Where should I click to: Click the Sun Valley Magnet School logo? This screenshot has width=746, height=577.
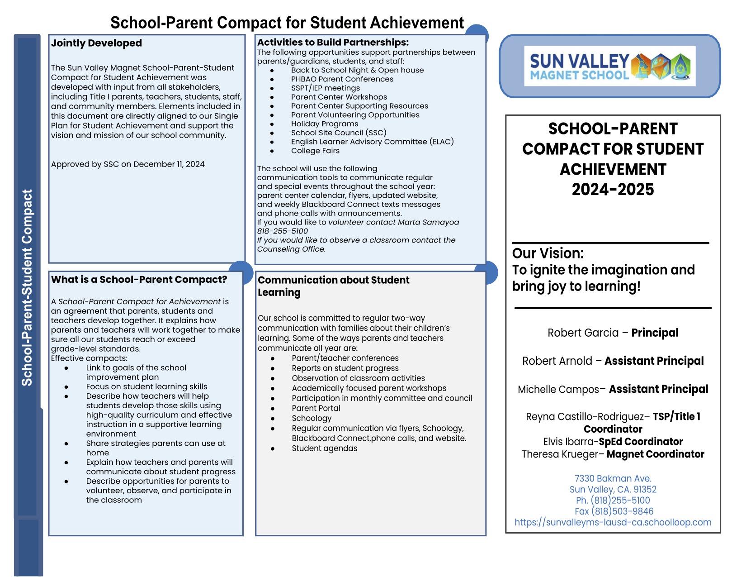610,66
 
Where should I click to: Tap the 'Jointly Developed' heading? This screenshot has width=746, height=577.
96,43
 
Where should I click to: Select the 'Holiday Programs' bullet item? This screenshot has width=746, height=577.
324,124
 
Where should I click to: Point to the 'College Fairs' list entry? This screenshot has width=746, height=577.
315,151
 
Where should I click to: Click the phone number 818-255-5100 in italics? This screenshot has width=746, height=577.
283,231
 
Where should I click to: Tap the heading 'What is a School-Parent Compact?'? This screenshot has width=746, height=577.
139,279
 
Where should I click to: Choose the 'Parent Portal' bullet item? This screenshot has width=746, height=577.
316,408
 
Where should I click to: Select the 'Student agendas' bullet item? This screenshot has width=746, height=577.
324,448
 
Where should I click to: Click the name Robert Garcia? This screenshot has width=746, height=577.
583,333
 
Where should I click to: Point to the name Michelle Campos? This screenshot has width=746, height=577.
558,389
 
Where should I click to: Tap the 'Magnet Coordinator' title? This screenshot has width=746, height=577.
655,454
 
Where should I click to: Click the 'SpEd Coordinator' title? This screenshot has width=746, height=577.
641,441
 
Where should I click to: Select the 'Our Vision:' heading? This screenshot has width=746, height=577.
548,253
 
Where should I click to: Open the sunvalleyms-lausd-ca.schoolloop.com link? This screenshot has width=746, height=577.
613,522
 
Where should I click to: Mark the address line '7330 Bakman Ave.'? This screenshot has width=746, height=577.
613,478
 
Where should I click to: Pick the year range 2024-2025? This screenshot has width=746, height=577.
613,189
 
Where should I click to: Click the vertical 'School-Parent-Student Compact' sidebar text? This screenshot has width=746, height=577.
27,287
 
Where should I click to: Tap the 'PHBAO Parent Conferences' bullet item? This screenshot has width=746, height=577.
342,79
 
